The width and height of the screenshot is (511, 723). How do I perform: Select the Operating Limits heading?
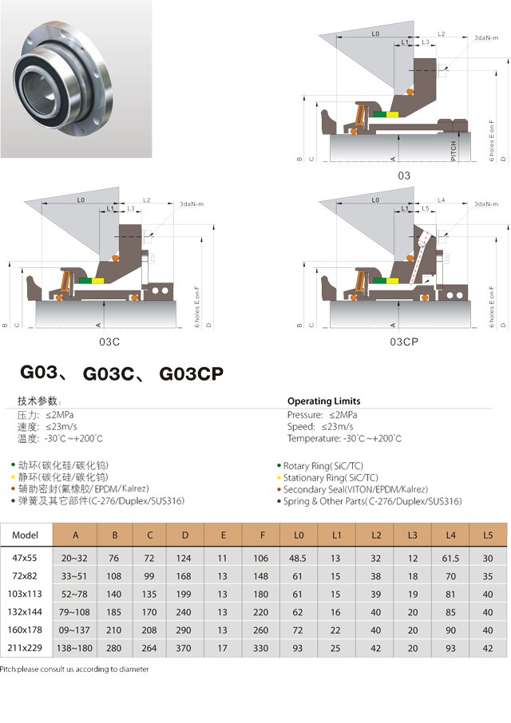point(323,401)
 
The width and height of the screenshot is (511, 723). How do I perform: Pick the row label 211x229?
point(26,646)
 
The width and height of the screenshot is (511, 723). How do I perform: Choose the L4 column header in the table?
point(452,535)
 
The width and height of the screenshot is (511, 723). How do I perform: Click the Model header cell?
point(26,535)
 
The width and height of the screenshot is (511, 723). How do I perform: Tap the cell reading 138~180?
point(75,646)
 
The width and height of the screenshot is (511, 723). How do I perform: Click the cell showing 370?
point(185,646)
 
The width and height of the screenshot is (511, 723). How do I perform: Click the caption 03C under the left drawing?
point(109,341)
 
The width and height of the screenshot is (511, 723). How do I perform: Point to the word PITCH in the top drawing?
point(454,151)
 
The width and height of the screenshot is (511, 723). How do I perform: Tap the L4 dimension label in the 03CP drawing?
point(442,200)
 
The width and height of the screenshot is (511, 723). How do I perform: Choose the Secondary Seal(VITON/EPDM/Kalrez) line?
point(355,489)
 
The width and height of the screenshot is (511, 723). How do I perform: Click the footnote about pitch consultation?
point(74,670)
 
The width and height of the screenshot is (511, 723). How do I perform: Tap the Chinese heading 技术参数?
point(39,401)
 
